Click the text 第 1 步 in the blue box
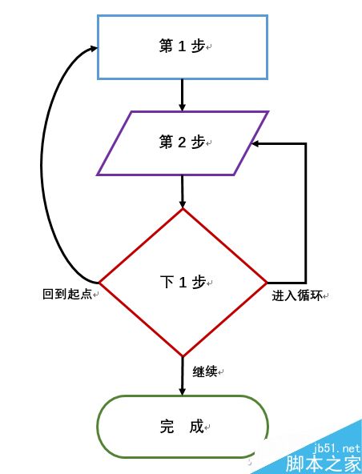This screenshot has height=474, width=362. (182, 46)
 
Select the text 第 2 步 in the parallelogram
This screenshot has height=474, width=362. (182, 142)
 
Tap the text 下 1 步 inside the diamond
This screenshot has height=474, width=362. (183, 282)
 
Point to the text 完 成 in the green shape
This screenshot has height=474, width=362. (182, 427)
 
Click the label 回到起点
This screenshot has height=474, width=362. (67, 294)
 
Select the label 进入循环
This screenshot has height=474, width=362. (297, 295)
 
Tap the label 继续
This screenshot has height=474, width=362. (205, 372)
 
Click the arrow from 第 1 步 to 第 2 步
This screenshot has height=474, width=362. (182, 95)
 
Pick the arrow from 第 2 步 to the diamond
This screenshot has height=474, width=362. (182, 191)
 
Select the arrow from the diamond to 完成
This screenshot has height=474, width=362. (182, 376)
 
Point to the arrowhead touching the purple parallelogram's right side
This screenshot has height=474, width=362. (255, 144)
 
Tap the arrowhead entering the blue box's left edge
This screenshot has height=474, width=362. (94, 48)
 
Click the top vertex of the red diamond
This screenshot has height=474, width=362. (183, 209)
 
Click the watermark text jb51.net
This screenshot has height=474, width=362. (336, 448)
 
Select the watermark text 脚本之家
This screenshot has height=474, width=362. (324, 464)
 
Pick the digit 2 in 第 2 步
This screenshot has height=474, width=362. (182, 142)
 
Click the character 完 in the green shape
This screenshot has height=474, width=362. (167, 427)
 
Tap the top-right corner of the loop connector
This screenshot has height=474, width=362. (306, 144)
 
